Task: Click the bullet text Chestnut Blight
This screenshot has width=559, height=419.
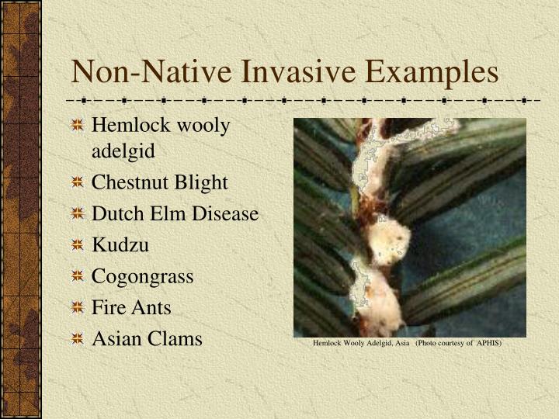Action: (160, 182)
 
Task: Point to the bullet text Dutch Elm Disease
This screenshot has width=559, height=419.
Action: (175, 213)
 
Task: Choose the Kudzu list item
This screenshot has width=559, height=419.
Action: (120, 244)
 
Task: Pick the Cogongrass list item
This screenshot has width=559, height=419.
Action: (143, 276)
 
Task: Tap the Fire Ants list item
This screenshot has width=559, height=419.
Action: (131, 307)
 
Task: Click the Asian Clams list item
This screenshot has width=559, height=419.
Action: (147, 339)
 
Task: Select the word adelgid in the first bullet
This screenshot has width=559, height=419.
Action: (123, 151)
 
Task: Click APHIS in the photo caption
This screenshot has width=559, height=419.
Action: (489, 343)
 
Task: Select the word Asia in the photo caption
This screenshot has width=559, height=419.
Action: (402, 343)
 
